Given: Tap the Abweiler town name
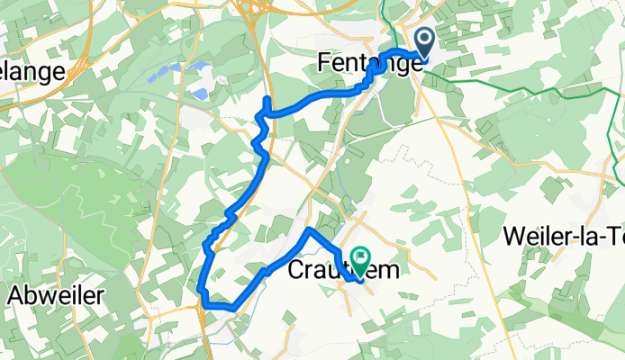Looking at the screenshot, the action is tap(57, 294).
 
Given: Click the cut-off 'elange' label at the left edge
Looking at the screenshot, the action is tap(32, 72).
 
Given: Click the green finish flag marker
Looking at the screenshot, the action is tap(361, 262).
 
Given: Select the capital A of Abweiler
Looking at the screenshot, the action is tap(16, 294).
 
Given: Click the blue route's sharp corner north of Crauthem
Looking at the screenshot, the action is tap(309, 231).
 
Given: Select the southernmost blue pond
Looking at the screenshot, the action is tap(198, 93).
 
